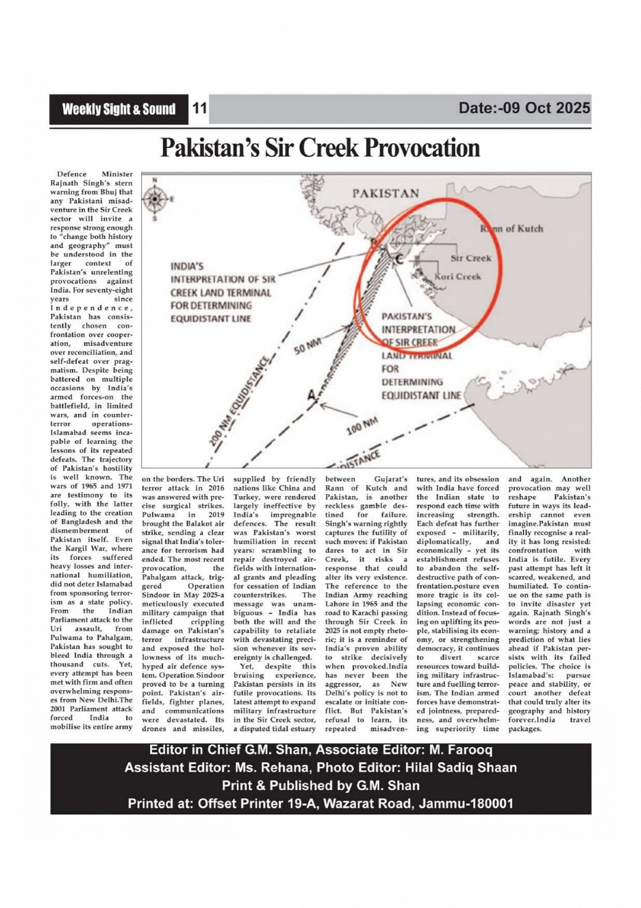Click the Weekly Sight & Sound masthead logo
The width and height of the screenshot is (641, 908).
[119, 109]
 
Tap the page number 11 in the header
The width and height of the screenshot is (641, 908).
[199, 109]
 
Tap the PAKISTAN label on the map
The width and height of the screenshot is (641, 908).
[385, 193]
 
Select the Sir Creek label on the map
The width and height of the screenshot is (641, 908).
[471, 258]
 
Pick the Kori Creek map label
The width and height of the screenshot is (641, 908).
[458, 276]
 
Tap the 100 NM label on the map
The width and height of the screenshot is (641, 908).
[362, 428]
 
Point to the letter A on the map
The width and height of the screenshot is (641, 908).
[311, 394]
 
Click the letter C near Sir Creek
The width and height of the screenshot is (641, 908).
[399, 260]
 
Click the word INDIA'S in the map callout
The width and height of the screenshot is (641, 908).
[187, 267]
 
